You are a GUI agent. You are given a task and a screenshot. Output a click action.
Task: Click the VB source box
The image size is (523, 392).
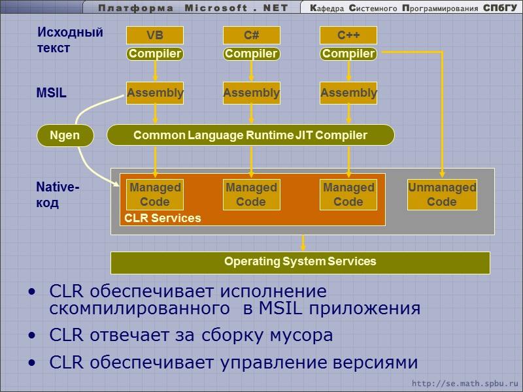155,35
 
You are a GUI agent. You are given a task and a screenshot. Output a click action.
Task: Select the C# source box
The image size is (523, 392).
252,35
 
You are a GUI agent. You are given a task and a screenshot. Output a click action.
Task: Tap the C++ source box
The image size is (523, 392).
348,35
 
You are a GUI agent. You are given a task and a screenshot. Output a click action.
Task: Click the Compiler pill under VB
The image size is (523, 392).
155,54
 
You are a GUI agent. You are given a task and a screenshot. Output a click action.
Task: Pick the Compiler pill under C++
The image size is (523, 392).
348,54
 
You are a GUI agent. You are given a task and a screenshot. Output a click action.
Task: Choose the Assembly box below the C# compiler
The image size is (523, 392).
252,93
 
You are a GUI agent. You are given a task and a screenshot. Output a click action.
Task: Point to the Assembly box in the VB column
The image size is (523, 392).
155,93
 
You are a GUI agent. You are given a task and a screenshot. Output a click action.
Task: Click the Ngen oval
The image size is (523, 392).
65,135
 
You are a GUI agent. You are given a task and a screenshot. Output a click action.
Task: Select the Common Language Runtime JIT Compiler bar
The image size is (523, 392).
250,135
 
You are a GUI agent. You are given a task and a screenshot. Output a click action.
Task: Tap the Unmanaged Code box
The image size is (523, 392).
442,195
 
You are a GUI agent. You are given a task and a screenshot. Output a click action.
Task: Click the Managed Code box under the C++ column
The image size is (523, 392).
348,195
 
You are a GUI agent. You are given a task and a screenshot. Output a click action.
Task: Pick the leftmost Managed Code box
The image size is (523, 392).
155,195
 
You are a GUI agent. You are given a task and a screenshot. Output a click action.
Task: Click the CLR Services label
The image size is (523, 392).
163,218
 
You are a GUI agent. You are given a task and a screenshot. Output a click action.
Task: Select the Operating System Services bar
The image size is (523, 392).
300,262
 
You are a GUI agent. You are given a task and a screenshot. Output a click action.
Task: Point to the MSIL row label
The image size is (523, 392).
51,93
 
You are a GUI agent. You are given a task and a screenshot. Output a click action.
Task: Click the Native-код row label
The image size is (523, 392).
58,195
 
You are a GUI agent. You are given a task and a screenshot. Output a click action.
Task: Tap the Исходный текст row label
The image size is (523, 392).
70,40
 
